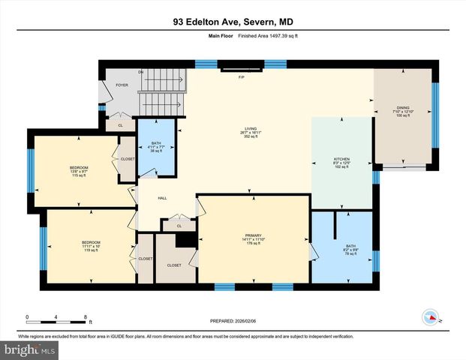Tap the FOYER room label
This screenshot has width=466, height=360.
point(122,85)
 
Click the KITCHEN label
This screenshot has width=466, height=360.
point(342,163)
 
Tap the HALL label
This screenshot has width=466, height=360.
point(161,199)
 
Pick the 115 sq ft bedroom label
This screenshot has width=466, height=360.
point(80,170)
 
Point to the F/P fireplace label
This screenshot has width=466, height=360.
point(242,78)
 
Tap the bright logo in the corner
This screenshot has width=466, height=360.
point(29,350)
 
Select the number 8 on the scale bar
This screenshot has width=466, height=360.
point(86,316)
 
